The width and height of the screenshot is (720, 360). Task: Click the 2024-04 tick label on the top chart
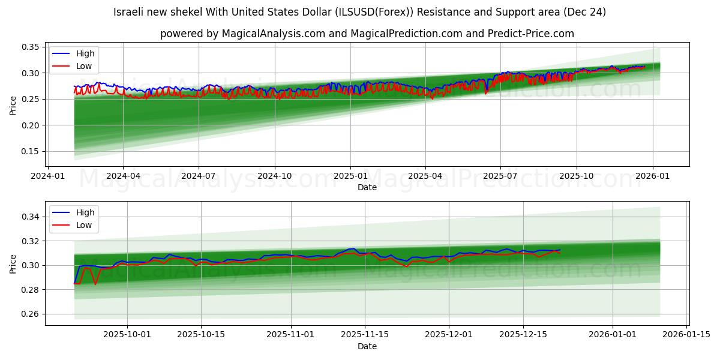click(x=123, y=176)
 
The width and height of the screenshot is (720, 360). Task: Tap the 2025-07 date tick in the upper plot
click(x=500, y=176)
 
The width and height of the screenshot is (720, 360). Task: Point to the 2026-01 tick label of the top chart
click(x=652, y=176)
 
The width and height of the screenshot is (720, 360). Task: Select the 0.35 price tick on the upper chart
click(x=31, y=47)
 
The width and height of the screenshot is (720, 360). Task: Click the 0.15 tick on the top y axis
click(x=31, y=151)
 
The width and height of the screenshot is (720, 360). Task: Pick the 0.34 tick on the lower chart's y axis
click(x=31, y=217)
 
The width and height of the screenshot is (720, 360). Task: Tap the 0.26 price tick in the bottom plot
click(x=31, y=314)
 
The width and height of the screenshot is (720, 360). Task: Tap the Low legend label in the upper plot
click(x=84, y=66)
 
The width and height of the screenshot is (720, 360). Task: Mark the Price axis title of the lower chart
click(x=13, y=263)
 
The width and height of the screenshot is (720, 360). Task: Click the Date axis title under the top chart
click(x=367, y=187)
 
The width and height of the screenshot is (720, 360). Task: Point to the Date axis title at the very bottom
click(x=367, y=346)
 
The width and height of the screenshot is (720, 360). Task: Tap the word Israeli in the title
click(x=129, y=12)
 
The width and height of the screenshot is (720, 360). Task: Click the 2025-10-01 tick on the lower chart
click(x=127, y=335)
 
